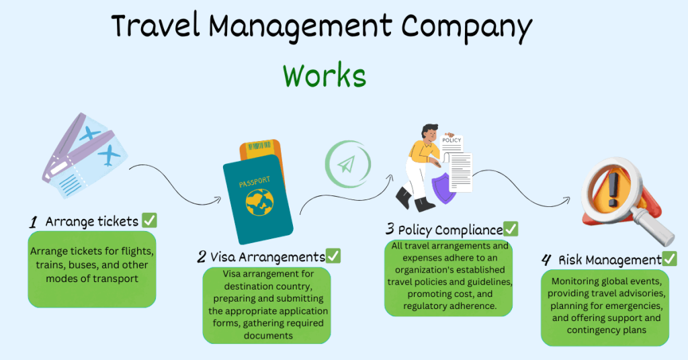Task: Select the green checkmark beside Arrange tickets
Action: (x=150, y=220)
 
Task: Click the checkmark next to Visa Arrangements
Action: (x=333, y=256)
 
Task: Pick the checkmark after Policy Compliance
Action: (x=511, y=229)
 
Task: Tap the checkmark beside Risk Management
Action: (x=669, y=259)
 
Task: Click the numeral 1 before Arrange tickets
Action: (x=34, y=222)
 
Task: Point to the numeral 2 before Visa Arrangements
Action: (x=202, y=257)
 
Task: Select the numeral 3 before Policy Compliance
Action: (x=390, y=230)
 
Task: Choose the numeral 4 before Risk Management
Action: (x=548, y=259)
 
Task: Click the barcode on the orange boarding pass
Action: (x=259, y=146)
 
